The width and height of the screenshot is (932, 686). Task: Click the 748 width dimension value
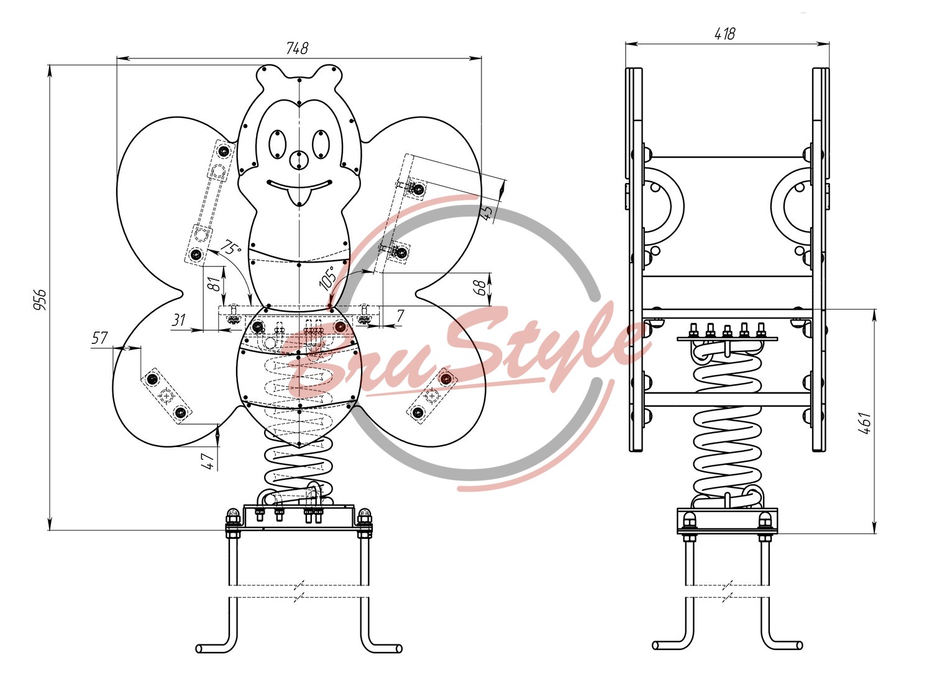point(297,48)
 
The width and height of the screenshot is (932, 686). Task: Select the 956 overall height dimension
point(40,299)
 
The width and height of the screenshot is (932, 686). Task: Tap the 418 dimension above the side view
point(725,34)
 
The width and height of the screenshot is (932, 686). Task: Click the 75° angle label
point(230,248)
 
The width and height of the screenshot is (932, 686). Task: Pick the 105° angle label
point(327,278)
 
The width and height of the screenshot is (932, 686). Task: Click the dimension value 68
point(479,287)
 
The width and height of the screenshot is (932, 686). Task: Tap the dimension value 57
point(99,338)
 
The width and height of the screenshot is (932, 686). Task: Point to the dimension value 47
point(209,461)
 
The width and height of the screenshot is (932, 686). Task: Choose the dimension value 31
point(178,320)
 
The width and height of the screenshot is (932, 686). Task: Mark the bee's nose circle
point(299,160)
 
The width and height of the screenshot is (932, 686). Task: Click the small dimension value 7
point(400,317)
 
